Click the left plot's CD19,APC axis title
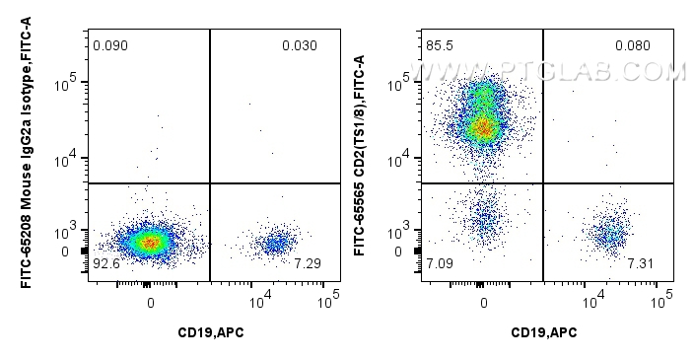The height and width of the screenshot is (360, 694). point(210,331)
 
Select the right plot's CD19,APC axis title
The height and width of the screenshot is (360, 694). point(543,331)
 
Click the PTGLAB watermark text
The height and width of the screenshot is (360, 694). point(552,71)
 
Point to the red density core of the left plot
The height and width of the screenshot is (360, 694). point(148,242)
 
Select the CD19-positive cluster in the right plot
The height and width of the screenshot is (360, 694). point(610,234)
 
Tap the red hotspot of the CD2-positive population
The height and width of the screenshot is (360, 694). point(483,127)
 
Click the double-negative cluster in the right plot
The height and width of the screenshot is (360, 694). point(484,219)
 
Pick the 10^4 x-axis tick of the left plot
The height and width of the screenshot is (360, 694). point(259,296)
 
